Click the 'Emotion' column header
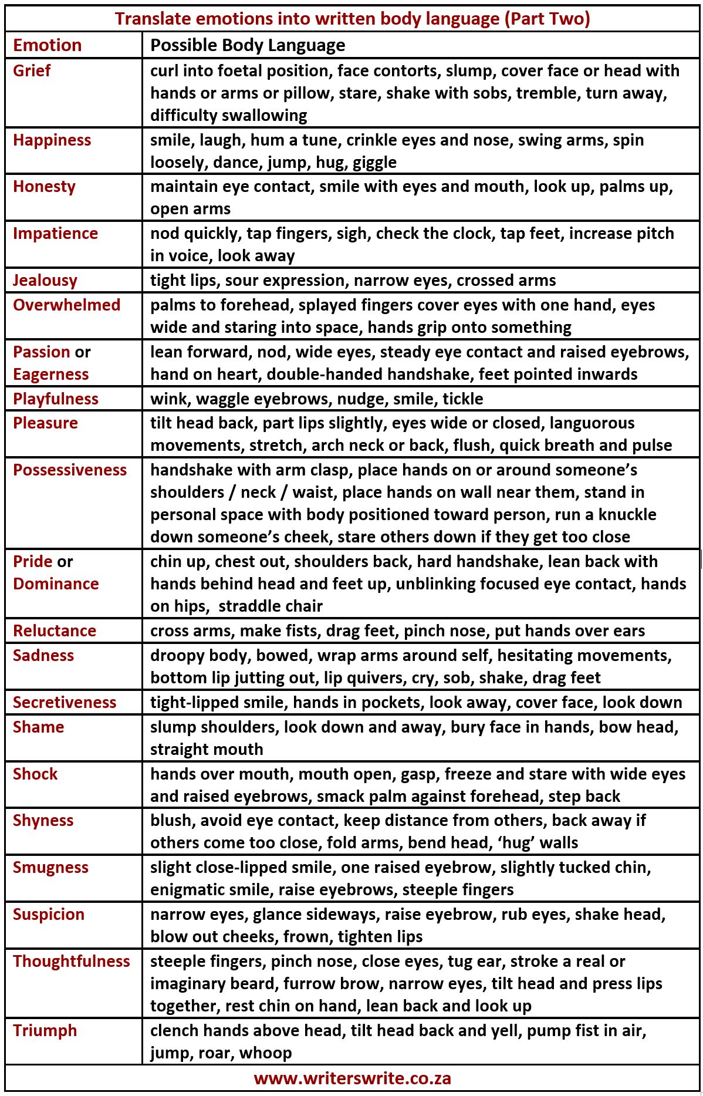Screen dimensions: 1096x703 tap(47, 45)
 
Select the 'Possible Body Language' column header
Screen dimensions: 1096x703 tap(247, 45)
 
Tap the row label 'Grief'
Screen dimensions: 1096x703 tap(32, 71)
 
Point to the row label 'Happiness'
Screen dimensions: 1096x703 tap(52, 140)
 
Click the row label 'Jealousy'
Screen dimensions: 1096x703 tap(45, 281)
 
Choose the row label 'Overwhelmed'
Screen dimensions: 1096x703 tap(66, 305)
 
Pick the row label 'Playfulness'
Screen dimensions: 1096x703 tap(55, 399)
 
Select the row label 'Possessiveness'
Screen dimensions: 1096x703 tap(69, 470)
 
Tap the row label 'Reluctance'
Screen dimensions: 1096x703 tap(54, 631)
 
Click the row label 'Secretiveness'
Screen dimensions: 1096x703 tap(65, 703)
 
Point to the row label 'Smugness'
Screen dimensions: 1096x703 tap(50, 868)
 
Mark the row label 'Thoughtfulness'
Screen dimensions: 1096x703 tap(71, 962)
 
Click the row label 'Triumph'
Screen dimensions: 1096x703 tap(45, 1031)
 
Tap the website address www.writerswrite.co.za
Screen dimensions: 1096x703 tap(352, 1078)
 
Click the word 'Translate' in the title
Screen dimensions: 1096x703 tap(153, 19)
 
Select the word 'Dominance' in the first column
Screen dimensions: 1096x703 tap(56, 584)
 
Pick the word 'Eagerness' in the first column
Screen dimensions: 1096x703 tap(50, 375)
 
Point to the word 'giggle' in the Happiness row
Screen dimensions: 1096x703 tap(375, 163)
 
